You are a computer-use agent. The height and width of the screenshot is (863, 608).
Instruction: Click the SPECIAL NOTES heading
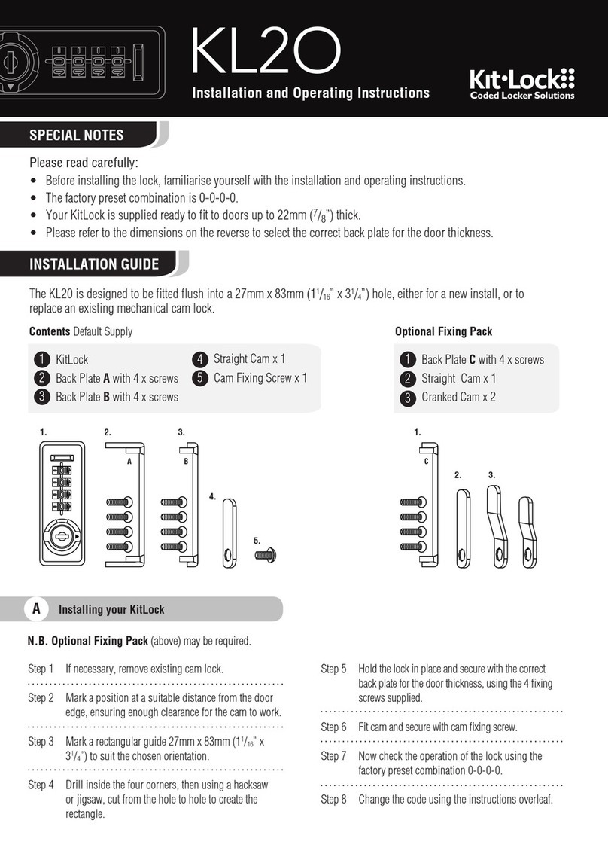pyautogui.click(x=76, y=136)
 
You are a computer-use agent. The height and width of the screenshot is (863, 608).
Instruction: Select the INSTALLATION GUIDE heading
pyautogui.click(x=93, y=264)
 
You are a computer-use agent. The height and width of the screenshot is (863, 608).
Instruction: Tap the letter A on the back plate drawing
pyautogui.click(x=129, y=464)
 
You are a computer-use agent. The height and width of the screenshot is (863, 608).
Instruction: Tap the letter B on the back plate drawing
pyautogui.click(x=185, y=464)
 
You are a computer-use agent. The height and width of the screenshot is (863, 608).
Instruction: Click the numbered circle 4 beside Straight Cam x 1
pyautogui.click(x=200, y=359)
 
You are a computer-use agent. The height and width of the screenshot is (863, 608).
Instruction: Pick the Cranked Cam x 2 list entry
pyautogui.click(x=458, y=397)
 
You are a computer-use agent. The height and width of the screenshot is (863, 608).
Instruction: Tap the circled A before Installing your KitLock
pyautogui.click(x=36, y=608)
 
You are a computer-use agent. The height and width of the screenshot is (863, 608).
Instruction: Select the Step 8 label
pyautogui.click(x=333, y=800)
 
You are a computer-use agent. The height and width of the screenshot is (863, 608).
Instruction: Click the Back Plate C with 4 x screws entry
pyautogui.click(x=482, y=360)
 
